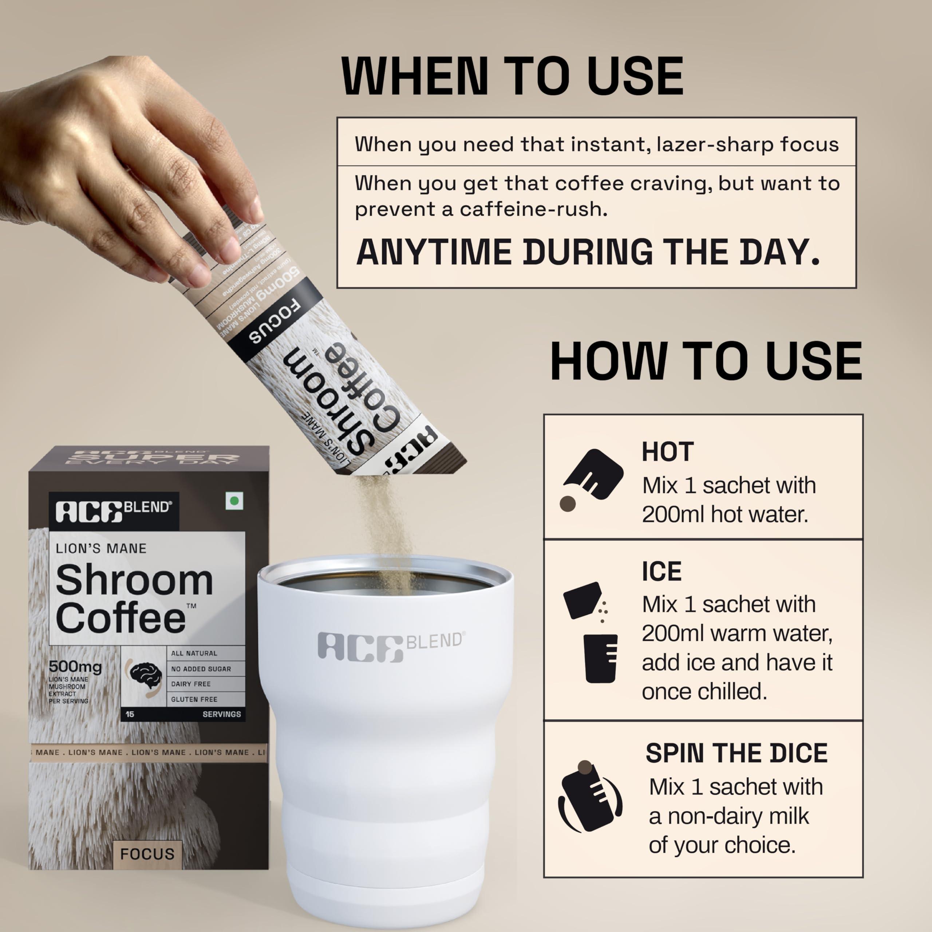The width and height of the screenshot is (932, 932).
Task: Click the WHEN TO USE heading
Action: (x=512, y=76)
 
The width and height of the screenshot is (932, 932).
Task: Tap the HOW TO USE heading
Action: (x=706, y=361)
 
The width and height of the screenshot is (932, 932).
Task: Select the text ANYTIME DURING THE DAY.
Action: (x=588, y=252)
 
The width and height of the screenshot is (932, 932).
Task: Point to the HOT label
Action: (x=667, y=452)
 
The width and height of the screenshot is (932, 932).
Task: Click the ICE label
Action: (x=662, y=571)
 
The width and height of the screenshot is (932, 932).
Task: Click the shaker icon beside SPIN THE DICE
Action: (x=589, y=797)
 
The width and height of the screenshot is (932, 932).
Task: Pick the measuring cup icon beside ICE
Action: (x=600, y=657)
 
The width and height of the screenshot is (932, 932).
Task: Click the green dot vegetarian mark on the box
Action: (x=234, y=501)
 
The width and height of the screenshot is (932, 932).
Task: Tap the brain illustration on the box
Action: (x=146, y=674)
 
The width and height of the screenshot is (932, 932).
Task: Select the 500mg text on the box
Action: (x=75, y=667)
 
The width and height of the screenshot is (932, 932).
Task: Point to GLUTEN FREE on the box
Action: (x=194, y=699)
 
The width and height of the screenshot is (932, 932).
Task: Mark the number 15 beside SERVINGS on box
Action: (x=130, y=714)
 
